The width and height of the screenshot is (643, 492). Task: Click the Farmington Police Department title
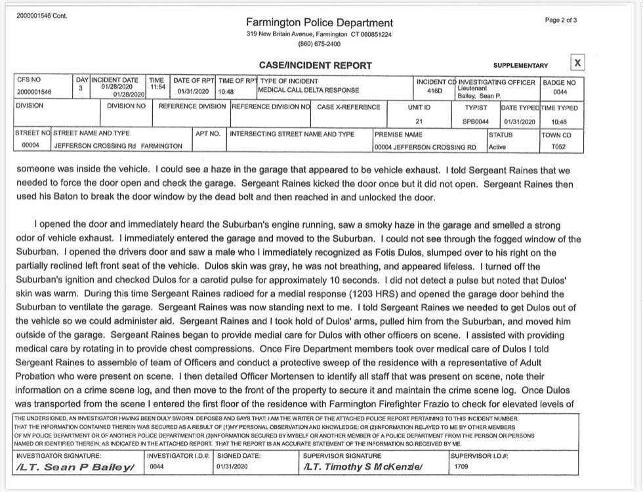[320, 23]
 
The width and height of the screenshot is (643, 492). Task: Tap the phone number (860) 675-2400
[320, 44]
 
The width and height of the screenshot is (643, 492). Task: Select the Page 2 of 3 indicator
[561, 20]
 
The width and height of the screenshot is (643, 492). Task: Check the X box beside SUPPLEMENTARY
[577, 63]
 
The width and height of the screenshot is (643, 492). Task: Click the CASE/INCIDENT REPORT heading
[316, 65]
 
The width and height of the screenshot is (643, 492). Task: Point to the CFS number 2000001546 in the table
[34, 92]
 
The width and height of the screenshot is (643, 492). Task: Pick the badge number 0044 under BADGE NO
[560, 92]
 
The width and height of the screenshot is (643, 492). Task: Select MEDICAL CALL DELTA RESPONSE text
[308, 90]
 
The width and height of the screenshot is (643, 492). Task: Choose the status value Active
[497, 146]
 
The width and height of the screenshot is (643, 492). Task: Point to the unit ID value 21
[419, 122]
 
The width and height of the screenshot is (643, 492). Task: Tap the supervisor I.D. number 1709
[462, 467]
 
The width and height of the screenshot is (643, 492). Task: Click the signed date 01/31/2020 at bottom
[233, 467]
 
